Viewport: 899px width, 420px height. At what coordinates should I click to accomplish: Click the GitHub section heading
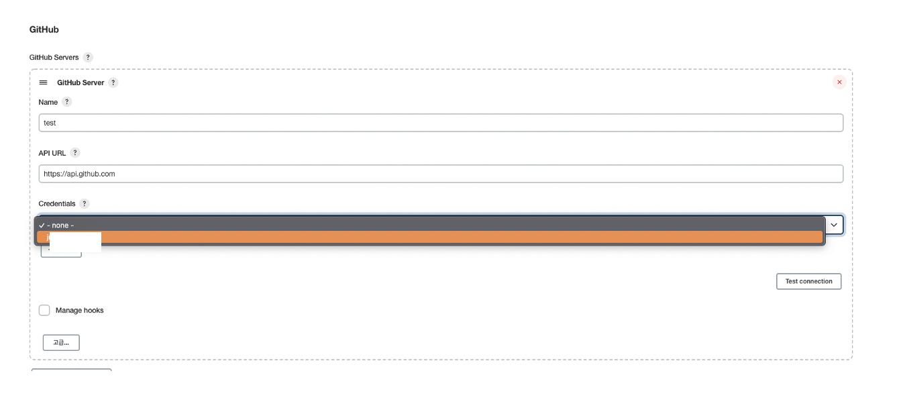tap(44, 30)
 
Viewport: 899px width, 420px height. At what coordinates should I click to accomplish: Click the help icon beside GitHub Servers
tap(88, 58)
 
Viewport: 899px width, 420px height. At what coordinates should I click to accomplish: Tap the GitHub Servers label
tap(54, 58)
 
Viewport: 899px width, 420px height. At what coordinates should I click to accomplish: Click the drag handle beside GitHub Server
tap(44, 83)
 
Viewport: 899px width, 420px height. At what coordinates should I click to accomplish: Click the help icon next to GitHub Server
tap(113, 83)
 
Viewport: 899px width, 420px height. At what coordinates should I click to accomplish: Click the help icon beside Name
tap(66, 102)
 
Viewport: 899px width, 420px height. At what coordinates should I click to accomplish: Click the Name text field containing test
tap(441, 123)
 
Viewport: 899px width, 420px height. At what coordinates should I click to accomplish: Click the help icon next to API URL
tap(75, 153)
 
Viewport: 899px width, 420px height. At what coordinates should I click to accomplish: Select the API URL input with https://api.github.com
tap(441, 174)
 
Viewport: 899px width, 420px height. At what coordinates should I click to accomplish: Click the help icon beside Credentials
tap(85, 203)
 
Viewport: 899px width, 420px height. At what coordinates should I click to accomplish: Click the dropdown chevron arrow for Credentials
tap(834, 225)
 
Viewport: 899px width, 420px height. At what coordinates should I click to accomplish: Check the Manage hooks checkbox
tap(44, 310)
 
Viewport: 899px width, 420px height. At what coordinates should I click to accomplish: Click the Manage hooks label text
tap(79, 311)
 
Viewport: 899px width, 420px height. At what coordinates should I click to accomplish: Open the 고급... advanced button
tap(61, 343)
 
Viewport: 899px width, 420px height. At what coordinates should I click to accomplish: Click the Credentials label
tap(57, 203)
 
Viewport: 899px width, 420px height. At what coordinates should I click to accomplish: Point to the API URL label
tap(52, 153)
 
